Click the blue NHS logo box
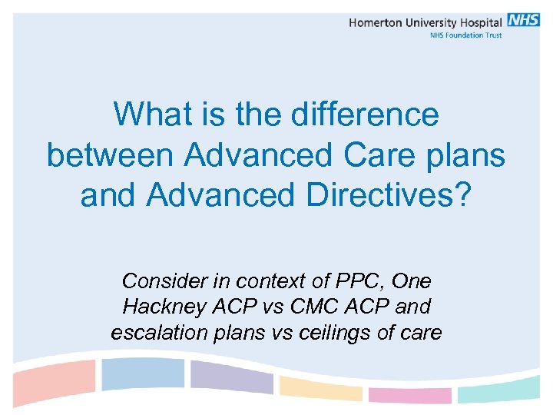point(523,21)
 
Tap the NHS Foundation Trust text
point(465,35)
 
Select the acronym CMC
point(310,307)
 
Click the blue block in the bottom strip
point(143,374)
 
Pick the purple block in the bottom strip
point(231,377)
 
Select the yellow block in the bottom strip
point(320,388)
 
